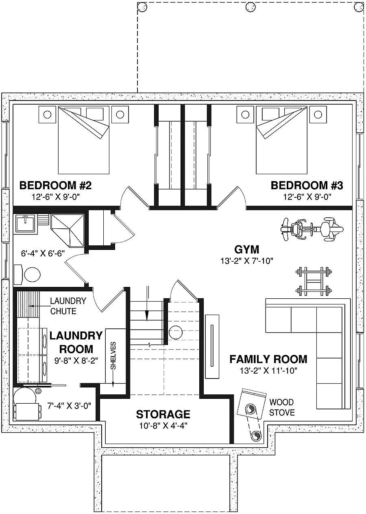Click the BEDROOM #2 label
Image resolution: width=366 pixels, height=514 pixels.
click(x=55, y=186)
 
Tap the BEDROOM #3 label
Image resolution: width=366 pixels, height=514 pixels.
click(x=307, y=186)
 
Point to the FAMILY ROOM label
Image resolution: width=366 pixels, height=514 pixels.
click(x=268, y=359)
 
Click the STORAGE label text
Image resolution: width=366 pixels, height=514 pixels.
click(x=163, y=414)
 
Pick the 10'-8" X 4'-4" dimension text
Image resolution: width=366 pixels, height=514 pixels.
click(x=163, y=426)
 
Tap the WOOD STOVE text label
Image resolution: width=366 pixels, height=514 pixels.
click(x=281, y=407)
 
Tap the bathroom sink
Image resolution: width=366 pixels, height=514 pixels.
click(x=25, y=223)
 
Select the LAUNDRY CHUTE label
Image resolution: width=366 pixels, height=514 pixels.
click(x=68, y=306)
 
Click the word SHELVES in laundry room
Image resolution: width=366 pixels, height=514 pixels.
click(x=113, y=355)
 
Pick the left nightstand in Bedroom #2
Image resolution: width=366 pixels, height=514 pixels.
click(x=47, y=114)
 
